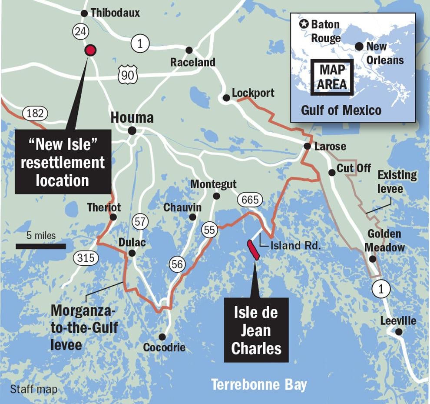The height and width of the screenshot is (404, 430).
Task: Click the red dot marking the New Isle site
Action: [90, 50]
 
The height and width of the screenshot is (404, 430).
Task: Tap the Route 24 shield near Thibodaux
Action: [79, 31]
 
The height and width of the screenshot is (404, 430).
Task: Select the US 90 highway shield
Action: [127, 75]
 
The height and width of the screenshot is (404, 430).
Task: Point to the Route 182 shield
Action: [35, 114]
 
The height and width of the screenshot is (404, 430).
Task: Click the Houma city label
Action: [132, 118]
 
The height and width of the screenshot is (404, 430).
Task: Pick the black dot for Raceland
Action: [189, 50]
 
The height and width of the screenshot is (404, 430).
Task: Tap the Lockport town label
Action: [253, 93]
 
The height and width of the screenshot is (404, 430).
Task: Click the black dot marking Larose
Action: [307, 146]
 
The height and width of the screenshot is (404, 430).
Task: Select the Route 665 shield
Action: [250, 200]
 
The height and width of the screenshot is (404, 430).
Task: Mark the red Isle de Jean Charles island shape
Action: [253, 250]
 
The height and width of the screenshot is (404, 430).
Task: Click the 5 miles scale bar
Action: [40, 246]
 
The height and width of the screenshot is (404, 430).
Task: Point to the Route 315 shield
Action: [86, 258]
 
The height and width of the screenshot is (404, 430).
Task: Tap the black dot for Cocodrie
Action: [162, 337]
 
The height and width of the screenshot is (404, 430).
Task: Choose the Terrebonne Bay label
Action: [259, 385]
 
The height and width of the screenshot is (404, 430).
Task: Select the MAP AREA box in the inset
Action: [332, 77]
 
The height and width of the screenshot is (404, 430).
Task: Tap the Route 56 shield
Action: [178, 264]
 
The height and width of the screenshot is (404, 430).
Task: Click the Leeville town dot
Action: [398, 332]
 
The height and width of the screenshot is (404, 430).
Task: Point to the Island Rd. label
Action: [295, 246]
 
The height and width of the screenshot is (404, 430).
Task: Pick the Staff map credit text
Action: [33, 389]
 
